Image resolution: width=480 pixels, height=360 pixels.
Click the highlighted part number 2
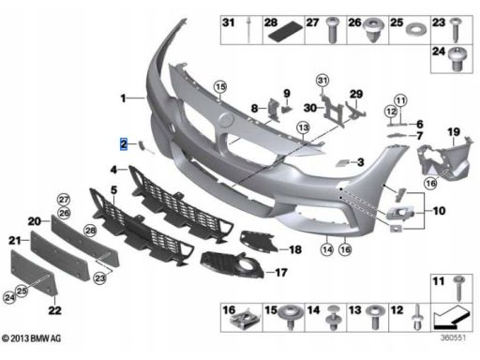pyautogui.click(x=124, y=144)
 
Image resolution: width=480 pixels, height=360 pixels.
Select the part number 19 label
pyautogui.click(x=454, y=132)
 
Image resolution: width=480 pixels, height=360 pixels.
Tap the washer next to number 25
pyautogui.click(x=416, y=30)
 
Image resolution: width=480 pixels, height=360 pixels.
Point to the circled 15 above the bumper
pyautogui.click(x=220, y=86)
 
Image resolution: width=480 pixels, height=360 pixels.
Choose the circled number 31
pyautogui.click(x=322, y=81)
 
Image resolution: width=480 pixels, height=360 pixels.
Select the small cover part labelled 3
pyautogui.click(x=342, y=162)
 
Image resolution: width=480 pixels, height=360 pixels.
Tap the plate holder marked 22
pyautogui.click(x=34, y=272)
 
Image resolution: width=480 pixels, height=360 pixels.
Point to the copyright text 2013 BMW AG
pyautogui.click(x=32, y=338)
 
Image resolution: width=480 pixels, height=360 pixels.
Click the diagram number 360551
pyautogui.click(x=453, y=337)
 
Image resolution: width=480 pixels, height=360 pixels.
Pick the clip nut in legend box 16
pyautogui.click(x=243, y=322)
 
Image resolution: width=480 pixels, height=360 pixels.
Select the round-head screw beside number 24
pyautogui.click(x=457, y=59)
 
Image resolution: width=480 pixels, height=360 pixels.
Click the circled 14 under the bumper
pyautogui.click(x=327, y=249)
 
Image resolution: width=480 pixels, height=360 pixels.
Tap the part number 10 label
pyautogui.click(x=439, y=211)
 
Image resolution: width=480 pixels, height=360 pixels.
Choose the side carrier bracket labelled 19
pyautogui.click(x=443, y=161)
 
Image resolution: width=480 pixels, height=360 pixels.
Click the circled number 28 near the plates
pyautogui.click(x=90, y=231)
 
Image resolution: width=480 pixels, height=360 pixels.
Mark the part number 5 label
pyautogui.click(x=113, y=190)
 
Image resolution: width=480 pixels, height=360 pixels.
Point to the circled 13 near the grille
pyautogui.click(x=303, y=127)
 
